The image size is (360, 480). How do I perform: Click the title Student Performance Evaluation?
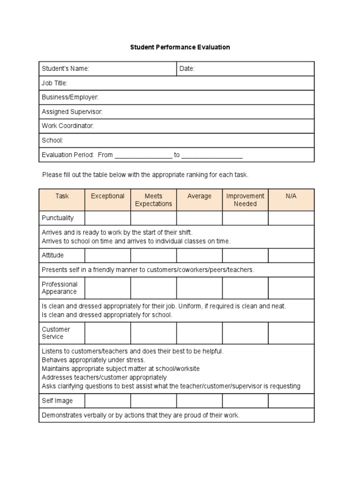click(x=180, y=47)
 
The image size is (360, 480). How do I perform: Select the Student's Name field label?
click(x=66, y=69)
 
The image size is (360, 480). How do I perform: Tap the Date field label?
click(x=187, y=69)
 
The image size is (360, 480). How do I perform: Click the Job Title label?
click(x=55, y=83)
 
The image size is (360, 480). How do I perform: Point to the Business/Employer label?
click(x=70, y=97)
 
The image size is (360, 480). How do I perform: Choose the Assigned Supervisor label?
click(x=72, y=112)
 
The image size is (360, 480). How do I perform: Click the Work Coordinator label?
click(x=68, y=126)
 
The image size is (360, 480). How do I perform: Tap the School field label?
click(x=52, y=140)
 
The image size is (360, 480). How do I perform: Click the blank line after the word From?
click(x=143, y=155)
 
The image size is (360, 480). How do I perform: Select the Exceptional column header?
click(x=107, y=196)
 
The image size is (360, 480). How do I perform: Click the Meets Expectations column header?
click(x=153, y=200)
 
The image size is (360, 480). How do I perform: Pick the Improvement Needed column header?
click(x=245, y=200)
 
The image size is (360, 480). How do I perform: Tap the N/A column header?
click(x=291, y=196)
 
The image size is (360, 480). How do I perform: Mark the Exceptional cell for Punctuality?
click(x=107, y=218)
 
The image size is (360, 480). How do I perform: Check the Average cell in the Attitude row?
click(x=199, y=255)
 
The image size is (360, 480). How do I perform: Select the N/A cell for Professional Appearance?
click(x=291, y=288)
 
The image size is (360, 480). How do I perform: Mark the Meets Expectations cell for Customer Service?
click(x=153, y=333)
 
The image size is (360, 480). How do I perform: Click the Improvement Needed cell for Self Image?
click(x=245, y=401)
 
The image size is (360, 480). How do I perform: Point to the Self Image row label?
click(x=57, y=401)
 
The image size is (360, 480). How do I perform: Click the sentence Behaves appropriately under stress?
click(x=94, y=360)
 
